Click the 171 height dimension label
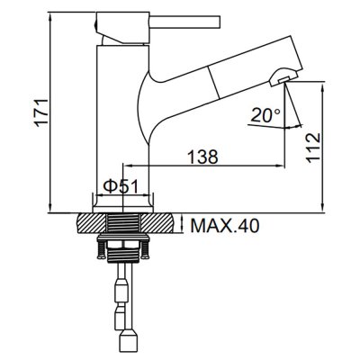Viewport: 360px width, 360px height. (42, 112)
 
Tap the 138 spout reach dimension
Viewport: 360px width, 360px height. (202, 157)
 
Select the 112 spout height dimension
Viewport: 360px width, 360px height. (313, 148)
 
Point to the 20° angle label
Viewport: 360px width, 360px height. (265, 115)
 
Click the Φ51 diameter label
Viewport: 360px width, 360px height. (121, 187)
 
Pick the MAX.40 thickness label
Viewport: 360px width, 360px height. (225, 226)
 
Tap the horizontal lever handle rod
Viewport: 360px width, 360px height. (184, 22)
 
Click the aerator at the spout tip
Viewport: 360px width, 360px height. (283, 76)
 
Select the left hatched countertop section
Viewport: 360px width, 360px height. (93, 222)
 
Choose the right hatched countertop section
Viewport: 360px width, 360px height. (157, 222)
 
